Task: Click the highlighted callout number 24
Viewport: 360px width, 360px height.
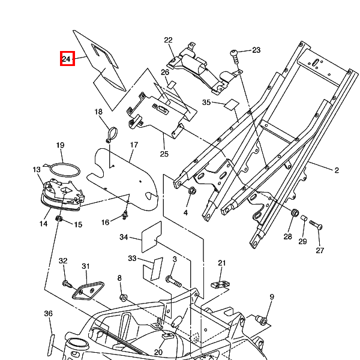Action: point(67,58)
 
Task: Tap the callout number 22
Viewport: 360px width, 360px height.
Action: point(168,40)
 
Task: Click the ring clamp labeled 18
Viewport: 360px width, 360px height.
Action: point(112,134)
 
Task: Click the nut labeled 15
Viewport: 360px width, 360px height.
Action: point(59,218)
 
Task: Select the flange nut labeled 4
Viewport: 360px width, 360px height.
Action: point(192,190)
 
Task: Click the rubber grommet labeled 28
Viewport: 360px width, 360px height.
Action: point(295,212)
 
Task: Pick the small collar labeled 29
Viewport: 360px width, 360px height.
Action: point(304,218)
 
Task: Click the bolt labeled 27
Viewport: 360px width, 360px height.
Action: point(316,224)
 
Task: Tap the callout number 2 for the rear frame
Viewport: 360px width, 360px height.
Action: point(337,170)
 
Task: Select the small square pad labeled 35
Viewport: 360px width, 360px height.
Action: point(232,104)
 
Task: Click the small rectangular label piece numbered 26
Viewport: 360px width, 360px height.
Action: point(171,85)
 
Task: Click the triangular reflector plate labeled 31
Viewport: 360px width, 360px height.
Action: point(88,290)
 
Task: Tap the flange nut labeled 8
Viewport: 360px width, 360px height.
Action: point(123,298)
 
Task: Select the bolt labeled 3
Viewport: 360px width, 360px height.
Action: point(173,282)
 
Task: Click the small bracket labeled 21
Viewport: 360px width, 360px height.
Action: point(220,284)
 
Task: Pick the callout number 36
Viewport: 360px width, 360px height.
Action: point(48,314)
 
